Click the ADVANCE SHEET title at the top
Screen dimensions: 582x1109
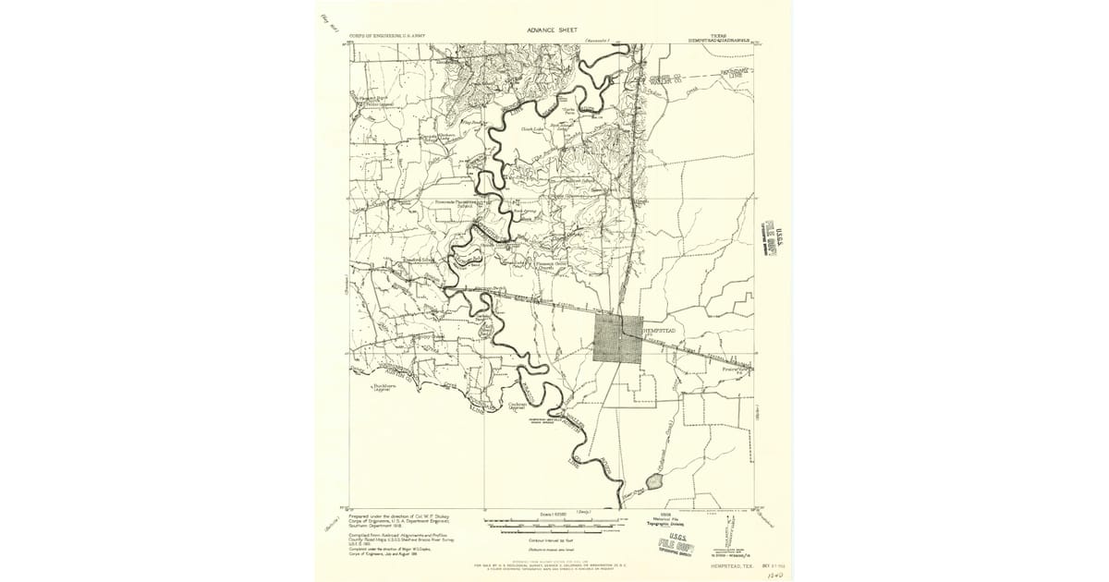(552, 30)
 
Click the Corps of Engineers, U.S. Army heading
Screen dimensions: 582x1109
(387, 37)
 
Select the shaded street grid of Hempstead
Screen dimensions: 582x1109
(617, 338)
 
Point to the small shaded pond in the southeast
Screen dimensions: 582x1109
(656, 481)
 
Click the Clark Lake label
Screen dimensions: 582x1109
(531, 129)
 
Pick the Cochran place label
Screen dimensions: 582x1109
(518, 406)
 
